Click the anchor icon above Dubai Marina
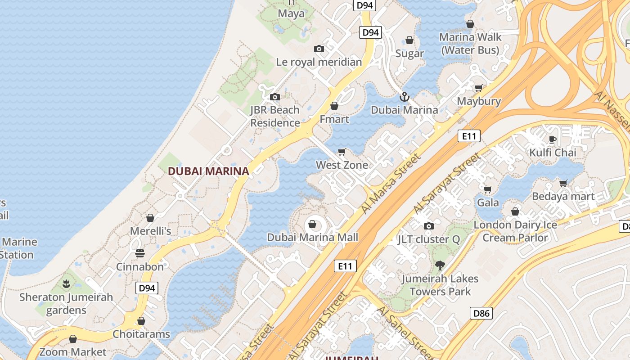[x=404, y=97]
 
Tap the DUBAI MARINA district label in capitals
[x=208, y=171]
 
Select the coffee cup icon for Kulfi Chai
[x=553, y=139]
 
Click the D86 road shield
[x=481, y=313]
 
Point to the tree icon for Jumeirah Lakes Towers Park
[x=440, y=265]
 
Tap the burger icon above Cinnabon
[x=140, y=253]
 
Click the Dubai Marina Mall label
[x=313, y=237]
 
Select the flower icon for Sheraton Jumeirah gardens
[x=66, y=284]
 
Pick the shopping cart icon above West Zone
[x=342, y=152]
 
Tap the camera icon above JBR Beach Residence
[x=274, y=97]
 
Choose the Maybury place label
[x=479, y=101]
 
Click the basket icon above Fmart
[x=334, y=106]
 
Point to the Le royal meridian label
[x=319, y=62]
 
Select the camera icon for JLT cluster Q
[x=429, y=226]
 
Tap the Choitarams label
[x=141, y=334]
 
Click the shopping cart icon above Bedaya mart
[x=563, y=183]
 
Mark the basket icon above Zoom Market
[x=73, y=339]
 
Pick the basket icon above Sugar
[x=409, y=40]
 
